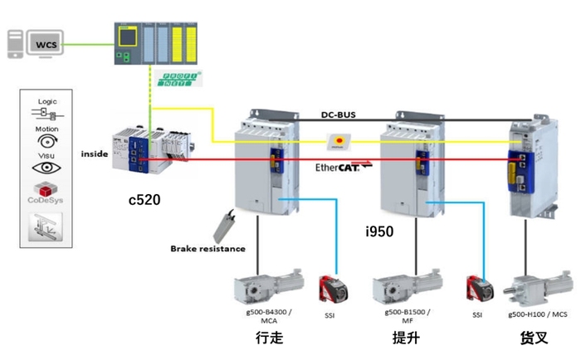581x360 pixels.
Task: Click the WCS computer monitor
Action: pos(42,41)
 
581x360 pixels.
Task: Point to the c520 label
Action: pos(146,199)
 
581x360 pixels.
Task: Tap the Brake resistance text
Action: pos(207,248)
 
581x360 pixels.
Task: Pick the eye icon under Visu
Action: pos(46,167)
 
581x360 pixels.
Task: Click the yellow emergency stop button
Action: pos(339,141)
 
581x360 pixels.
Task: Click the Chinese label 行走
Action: pos(269,338)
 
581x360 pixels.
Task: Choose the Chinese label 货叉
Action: pos(533,338)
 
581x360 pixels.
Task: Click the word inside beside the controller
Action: pos(95,153)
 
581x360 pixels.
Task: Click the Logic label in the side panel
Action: pos(47,100)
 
